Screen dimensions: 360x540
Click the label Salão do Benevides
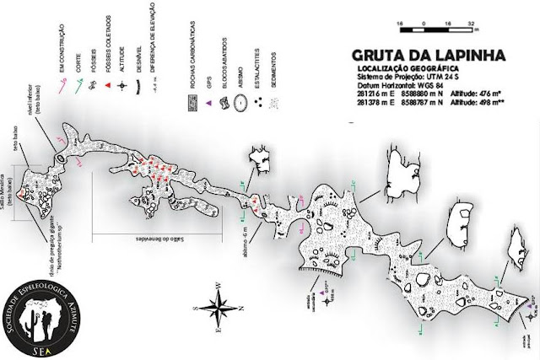(x=154, y=236)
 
